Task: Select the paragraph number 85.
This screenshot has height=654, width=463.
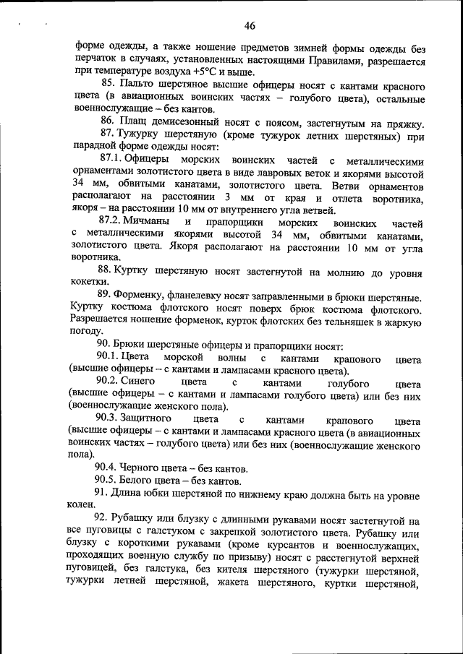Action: pyautogui.click(x=108, y=87)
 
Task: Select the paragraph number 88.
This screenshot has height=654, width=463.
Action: pyautogui.click(x=108, y=270)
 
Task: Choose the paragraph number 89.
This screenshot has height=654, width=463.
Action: pyautogui.click(x=108, y=297)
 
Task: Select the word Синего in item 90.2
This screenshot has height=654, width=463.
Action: pyautogui.click(x=140, y=383)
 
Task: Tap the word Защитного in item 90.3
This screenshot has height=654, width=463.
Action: pyautogui.click(x=148, y=420)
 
